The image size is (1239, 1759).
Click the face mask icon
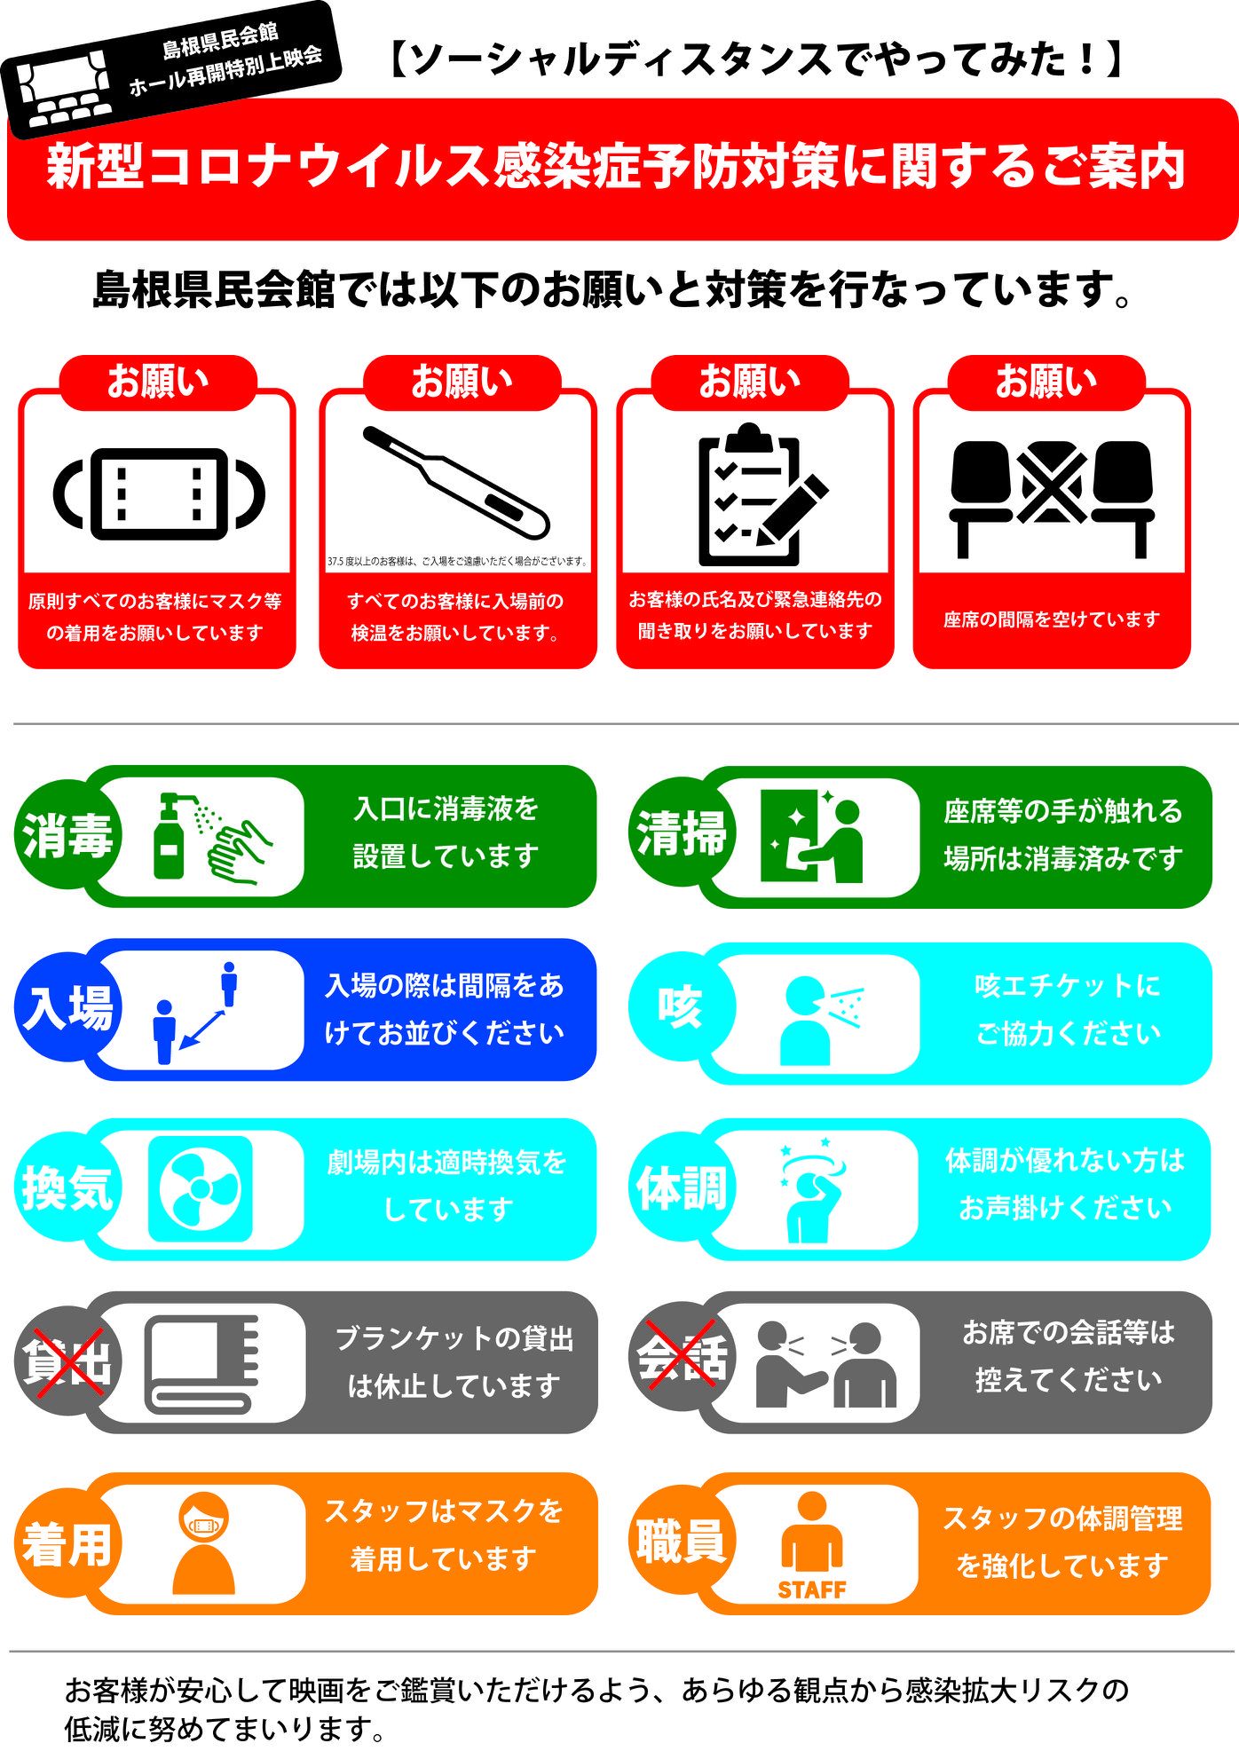[x=159, y=493]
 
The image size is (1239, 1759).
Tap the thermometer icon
[x=456, y=482]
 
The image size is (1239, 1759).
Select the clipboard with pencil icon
[x=762, y=494]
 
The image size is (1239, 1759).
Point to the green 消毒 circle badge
[x=67, y=835]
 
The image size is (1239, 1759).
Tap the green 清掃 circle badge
[x=682, y=833]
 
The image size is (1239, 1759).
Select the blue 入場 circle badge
[x=67, y=1007]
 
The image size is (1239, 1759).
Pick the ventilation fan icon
[x=200, y=1188]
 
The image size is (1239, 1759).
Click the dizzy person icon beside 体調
[x=810, y=1189]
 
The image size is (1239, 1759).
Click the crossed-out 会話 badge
[x=682, y=1357]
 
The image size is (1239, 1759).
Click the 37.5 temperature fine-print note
[x=457, y=561]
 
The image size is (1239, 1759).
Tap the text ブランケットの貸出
[x=454, y=1338]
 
